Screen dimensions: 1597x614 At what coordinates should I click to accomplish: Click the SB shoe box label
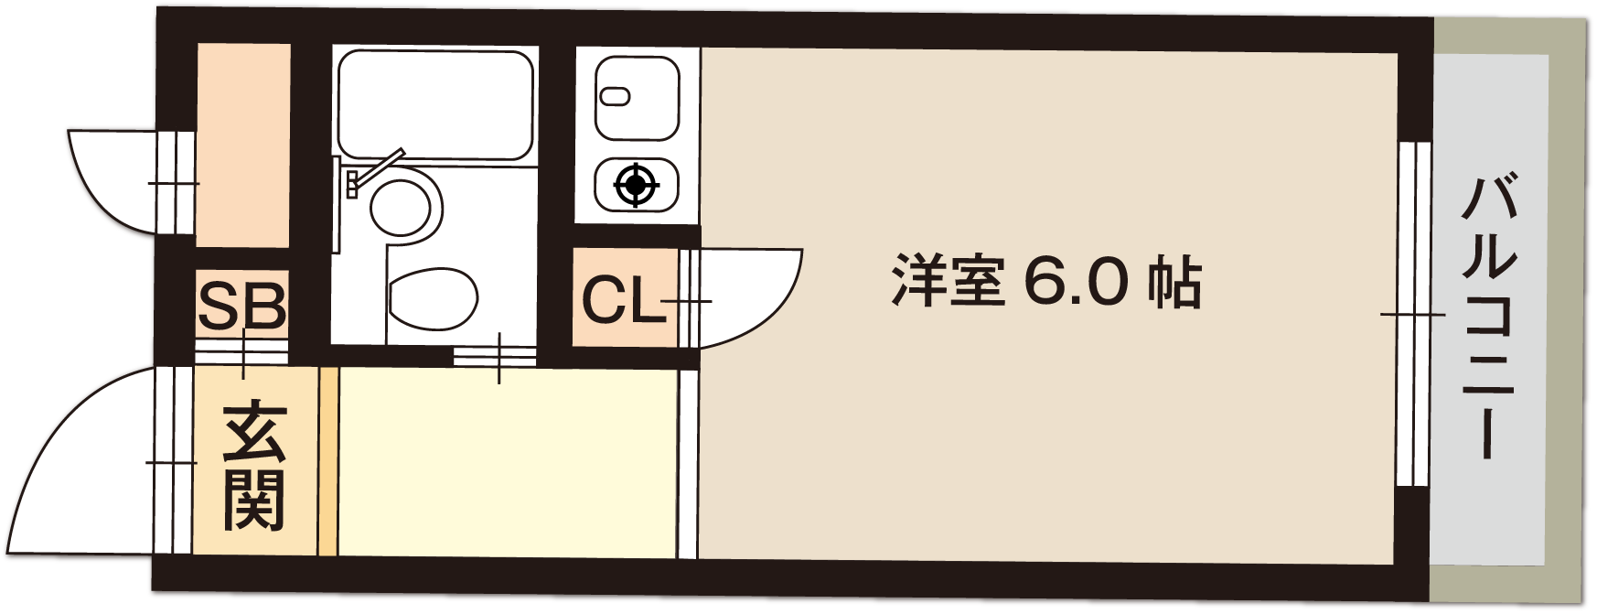pos(242,306)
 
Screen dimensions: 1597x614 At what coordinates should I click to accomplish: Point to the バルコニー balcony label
pos(1489,316)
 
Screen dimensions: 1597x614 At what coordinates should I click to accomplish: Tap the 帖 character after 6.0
pos(1174,281)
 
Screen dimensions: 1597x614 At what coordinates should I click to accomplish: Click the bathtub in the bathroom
pos(435,104)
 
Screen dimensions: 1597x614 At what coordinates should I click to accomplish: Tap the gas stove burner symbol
pos(637,186)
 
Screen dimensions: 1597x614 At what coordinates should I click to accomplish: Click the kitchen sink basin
pos(638,98)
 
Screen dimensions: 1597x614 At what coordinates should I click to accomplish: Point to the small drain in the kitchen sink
pos(615,95)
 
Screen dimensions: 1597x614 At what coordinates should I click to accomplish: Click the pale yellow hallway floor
pos(508,462)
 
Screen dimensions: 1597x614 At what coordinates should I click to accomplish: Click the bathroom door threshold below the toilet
pos(495,356)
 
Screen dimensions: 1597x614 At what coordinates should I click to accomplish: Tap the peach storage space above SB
pos(244,145)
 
